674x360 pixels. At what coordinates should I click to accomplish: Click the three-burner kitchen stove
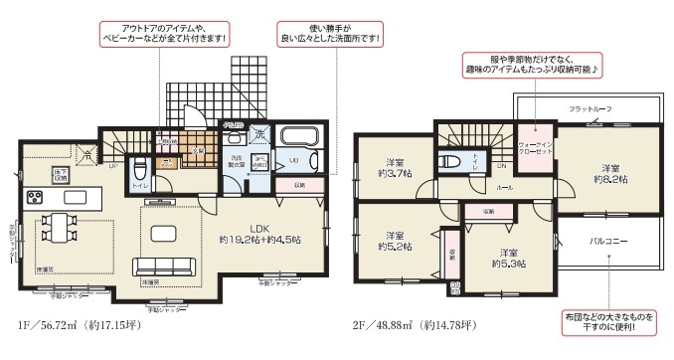point(34,195)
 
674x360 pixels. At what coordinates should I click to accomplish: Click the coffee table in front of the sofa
point(161,234)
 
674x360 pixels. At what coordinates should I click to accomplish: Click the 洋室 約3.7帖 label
point(394,169)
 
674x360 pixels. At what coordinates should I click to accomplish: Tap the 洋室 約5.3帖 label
point(508,259)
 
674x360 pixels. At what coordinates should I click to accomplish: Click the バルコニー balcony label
point(606,242)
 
